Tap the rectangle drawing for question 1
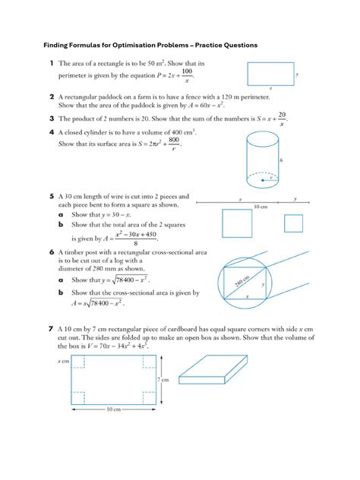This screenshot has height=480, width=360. point(270,74)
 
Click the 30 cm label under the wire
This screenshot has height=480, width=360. point(260,207)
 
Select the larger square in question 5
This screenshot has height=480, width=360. point(236,223)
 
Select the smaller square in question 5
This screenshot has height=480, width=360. point(292,223)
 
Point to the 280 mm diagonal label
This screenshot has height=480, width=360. point(242,282)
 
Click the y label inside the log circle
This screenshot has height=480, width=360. point(263,284)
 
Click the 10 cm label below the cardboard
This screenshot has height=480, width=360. point(112,410)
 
